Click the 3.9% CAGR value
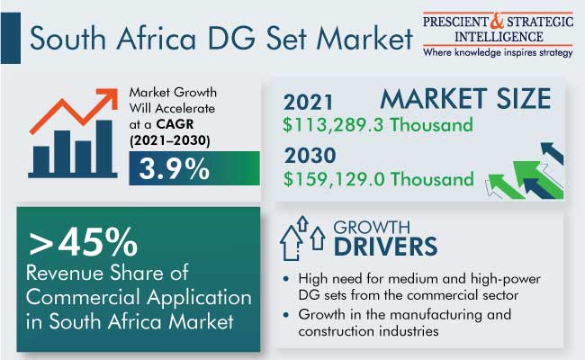point(174,169)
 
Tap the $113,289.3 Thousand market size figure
point(378,124)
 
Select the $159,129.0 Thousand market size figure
point(378,179)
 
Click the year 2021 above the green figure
point(308,103)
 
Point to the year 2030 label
point(310,155)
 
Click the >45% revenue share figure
point(83,242)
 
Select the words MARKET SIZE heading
point(465,98)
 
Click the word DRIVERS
point(385,247)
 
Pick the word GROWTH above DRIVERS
point(372,227)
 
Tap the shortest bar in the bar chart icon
point(41,159)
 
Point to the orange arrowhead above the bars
point(108,98)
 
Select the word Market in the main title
point(364,38)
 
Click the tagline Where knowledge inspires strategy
point(498,52)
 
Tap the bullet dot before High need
point(286,279)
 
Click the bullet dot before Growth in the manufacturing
point(286,314)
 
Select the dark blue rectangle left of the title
point(11,38)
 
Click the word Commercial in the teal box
point(84,297)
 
